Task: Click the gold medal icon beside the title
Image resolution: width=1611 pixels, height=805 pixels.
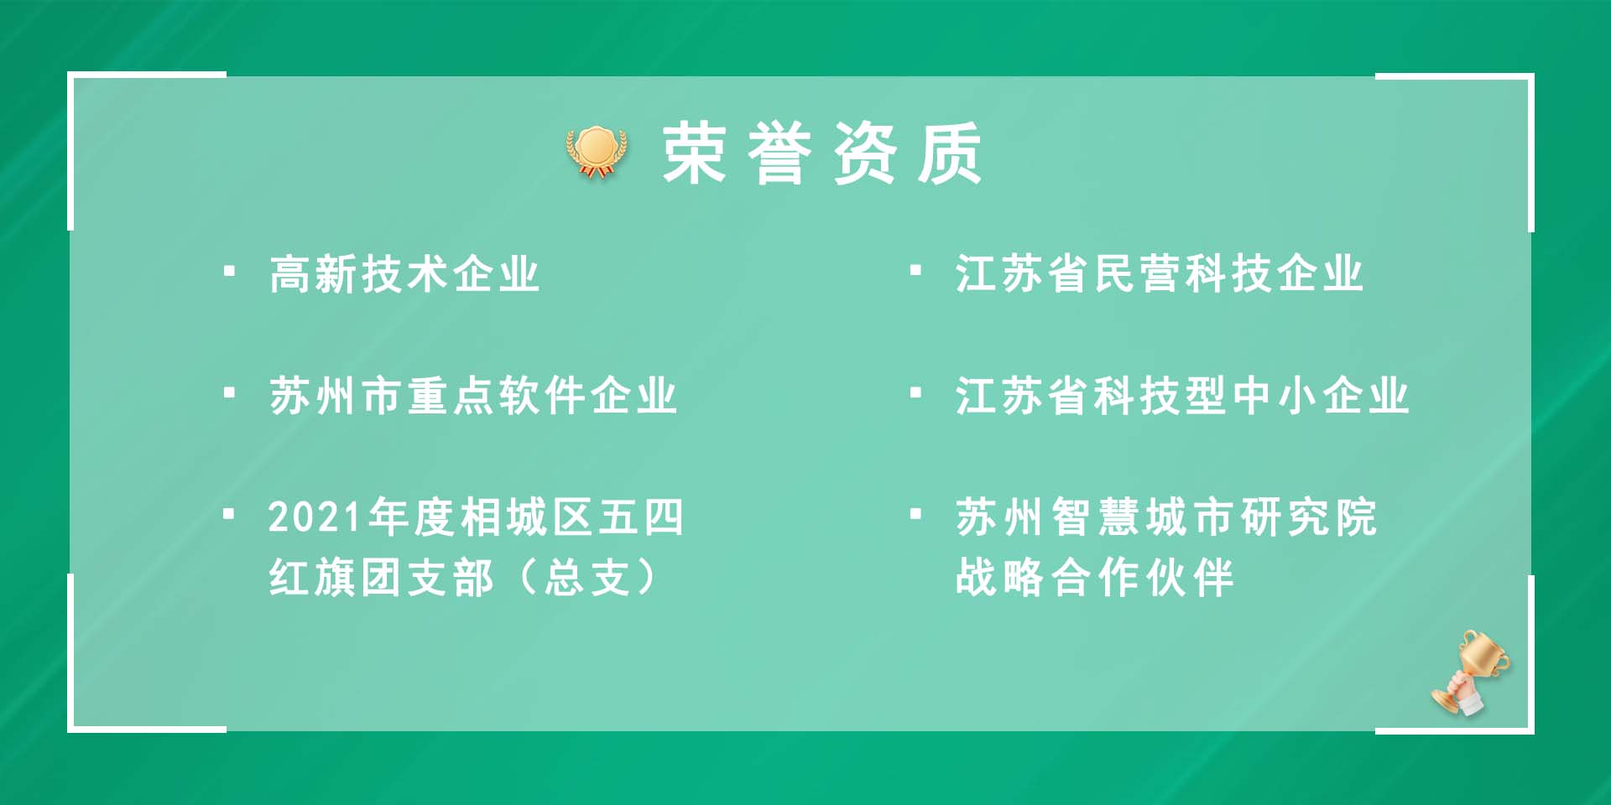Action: click(597, 152)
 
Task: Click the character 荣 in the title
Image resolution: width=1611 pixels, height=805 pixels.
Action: click(695, 153)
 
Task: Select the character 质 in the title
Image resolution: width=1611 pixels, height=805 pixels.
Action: click(950, 153)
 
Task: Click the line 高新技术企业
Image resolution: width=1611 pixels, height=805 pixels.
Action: click(404, 274)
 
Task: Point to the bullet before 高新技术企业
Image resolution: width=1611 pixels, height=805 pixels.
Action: click(229, 271)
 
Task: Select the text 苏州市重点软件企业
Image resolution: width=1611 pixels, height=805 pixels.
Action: click(473, 395)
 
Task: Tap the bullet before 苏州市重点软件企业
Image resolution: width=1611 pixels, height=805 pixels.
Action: click(229, 392)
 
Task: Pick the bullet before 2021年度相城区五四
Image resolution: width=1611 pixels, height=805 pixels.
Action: click(229, 513)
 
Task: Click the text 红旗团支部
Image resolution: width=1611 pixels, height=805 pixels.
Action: click(382, 578)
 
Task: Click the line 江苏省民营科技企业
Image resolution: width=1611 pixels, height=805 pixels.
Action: click(1160, 274)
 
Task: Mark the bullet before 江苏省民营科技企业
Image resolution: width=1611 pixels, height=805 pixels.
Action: click(915, 271)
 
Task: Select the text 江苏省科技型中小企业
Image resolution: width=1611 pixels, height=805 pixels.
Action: click(1182, 395)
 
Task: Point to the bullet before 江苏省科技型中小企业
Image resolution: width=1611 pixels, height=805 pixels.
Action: click(915, 392)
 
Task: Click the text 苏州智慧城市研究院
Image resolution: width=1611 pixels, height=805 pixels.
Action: click(1166, 517)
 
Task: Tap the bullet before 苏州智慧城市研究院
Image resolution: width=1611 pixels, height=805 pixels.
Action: click(915, 513)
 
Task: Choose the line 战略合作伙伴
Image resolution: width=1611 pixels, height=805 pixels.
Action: click(1095, 578)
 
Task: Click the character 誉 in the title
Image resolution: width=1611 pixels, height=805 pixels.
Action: click(780, 153)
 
